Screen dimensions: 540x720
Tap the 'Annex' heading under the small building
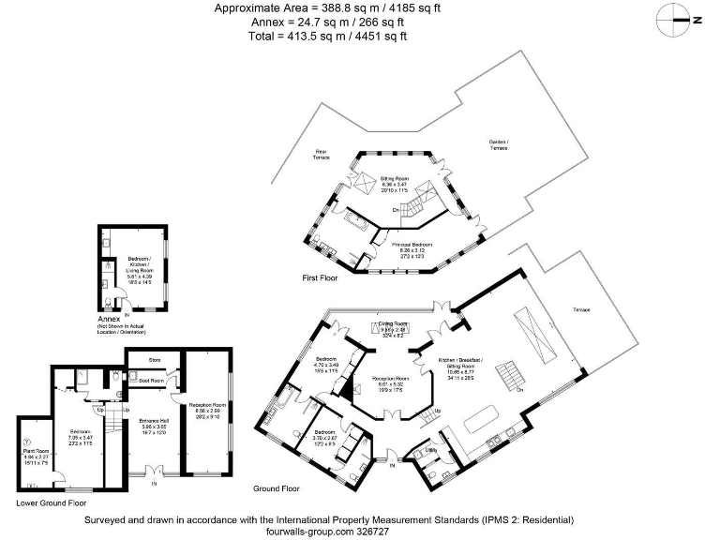[x=110, y=319]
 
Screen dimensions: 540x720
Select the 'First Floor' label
[x=322, y=278]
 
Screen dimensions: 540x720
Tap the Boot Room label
[x=152, y=381]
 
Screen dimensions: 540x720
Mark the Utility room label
[x=433, y=450]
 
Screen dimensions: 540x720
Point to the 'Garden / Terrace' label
[x=498, y=145]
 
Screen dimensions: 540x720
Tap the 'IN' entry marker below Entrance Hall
[x=154, y=483]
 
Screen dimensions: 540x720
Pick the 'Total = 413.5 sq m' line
[x=328, y=36]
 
